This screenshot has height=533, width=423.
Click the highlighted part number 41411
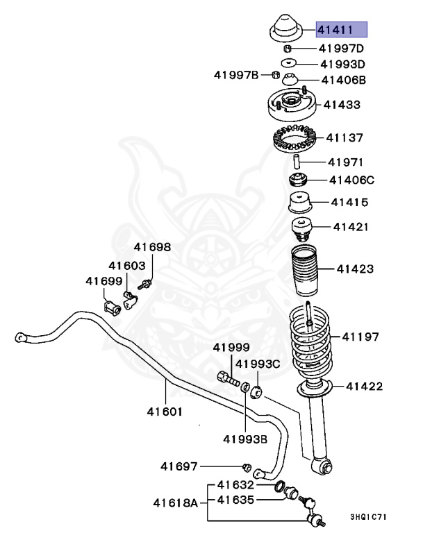[x=341, y=30]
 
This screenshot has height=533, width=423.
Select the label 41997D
[x=341, y=49]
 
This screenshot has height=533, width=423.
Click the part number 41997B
[x=236, y=74]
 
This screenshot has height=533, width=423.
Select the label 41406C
[x=351, y=180]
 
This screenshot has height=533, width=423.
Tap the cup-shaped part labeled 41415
[x=299, y=204]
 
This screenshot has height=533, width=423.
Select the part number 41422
[x=364, y=386]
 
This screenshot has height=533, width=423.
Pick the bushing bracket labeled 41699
[x=112, y=306]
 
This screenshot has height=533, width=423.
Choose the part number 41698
[x=152, y=247]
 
